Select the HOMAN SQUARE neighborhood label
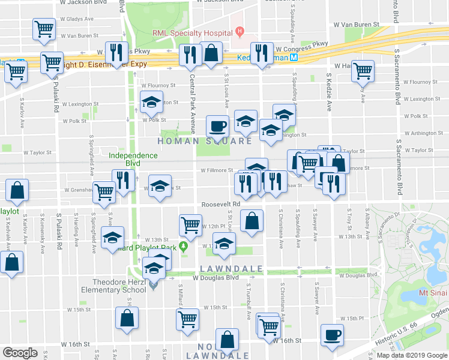[x=205, y=141]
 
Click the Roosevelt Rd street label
[x=220, y=204]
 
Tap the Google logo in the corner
[x=20, y=352]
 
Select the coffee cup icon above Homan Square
[x=217, y=127]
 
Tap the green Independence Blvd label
[x=133, y=160]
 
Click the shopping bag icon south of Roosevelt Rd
[x=252, y=220]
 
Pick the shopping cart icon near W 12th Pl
[x=190, y=225]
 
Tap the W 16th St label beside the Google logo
[x=75, y=344]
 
